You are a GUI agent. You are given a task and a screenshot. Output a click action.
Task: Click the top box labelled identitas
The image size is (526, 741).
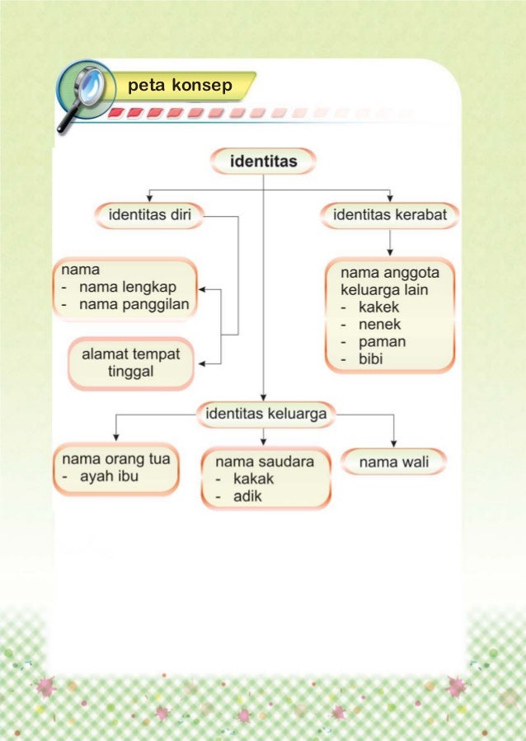[x=263, y=160]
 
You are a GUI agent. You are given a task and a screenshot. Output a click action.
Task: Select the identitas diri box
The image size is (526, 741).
[x=148, y=216]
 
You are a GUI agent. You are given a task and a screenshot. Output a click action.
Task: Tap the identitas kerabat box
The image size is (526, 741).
[x=389, y=216]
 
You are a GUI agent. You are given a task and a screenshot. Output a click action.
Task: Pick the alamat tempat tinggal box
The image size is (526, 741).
[x=130, y=363]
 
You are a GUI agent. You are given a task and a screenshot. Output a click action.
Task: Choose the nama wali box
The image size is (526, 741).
[x=393, y=462]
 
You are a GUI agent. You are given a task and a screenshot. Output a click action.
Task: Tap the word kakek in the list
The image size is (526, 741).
[x=380, y=307]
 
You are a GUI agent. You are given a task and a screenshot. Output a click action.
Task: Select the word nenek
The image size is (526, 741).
[x=380, y=325]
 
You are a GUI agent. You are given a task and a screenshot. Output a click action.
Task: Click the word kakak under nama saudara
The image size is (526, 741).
[x=253, y=479]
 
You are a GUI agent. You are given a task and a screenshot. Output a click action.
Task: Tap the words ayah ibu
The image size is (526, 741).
[x=109, y=476]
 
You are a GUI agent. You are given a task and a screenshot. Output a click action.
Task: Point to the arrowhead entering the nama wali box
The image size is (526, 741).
[x=393, y=444]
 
